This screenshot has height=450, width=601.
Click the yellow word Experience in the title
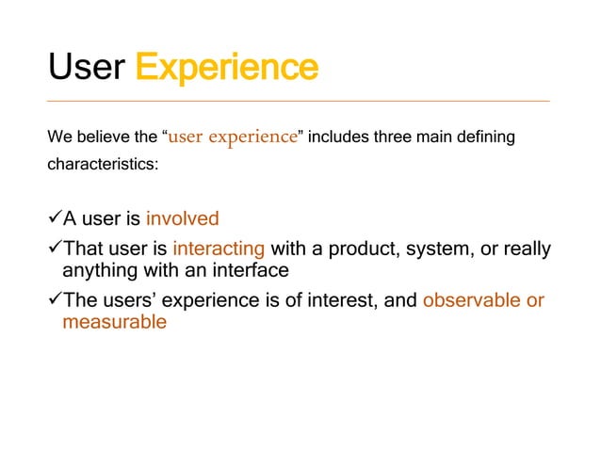pos(226,67)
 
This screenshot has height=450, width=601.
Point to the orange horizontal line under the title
pos(299,101)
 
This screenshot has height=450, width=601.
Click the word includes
pos(337,137)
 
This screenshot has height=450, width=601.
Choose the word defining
pos(484,137)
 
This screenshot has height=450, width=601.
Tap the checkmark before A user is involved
pos(54,218)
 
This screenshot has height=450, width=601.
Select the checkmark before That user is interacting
pos(54,249)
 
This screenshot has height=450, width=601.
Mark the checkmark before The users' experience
pos(54,301)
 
